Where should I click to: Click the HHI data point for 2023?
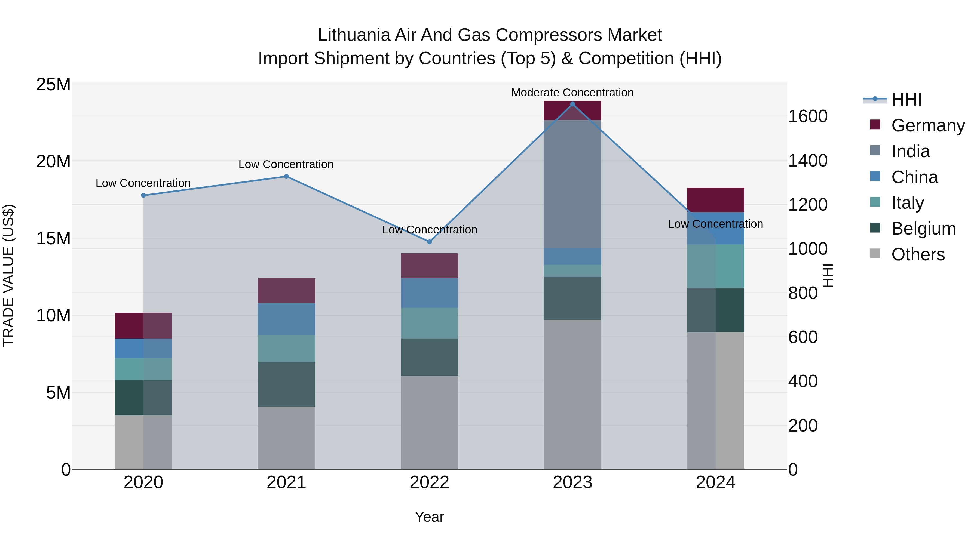coord(572,104)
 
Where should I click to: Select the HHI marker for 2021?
coord(286,176)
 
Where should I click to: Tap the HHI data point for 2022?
coord(430,242)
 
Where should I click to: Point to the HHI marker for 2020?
coord(143,195)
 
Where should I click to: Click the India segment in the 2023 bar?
coord(572,184)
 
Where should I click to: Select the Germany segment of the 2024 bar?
coord(716,200)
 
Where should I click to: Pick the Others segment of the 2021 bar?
coord(286,438)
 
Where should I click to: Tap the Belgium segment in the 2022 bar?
coord(430,358)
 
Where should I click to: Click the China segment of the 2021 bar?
coord(286,319)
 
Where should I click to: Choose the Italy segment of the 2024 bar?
coord(716,266)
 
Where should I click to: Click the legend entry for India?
coord(910,151)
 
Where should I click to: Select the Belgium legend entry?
coord(923,229)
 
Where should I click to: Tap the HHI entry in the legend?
coord(906,100)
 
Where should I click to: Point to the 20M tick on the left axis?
coord(53,162)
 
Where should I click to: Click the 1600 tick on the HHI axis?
coord(808,116)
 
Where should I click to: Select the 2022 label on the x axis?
coord(430,482)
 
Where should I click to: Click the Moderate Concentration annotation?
coord(572,93)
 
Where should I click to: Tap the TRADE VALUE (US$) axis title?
coord(8,275)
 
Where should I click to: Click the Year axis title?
coord(430,517)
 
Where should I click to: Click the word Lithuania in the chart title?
coord(354,35)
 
